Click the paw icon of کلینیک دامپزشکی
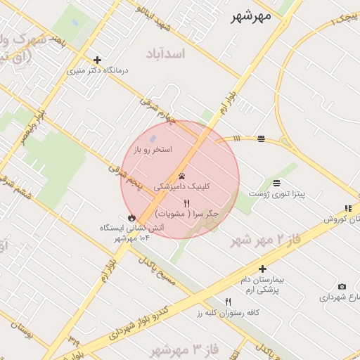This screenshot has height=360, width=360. [182, 176]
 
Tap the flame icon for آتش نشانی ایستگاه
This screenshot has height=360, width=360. [131, 217]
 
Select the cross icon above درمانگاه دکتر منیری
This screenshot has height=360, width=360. [97, 60]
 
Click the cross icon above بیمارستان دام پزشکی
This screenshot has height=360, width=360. [262, 269]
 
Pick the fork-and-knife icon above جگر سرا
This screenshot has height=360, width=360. [186, 202]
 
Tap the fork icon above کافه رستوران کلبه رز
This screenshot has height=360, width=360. [228, 302]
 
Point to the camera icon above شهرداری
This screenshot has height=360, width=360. [342, 286]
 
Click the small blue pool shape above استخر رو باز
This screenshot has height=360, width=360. [154, 140]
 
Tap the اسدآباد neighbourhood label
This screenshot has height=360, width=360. [166, 53]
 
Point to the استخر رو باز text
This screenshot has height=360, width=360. [153, 150]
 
